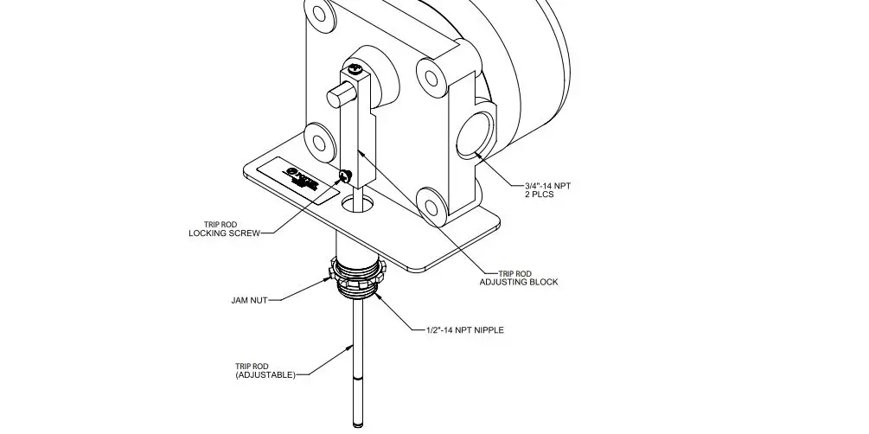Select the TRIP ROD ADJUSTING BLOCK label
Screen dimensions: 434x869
pos(519,278)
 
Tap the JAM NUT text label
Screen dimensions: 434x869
pos(249,301)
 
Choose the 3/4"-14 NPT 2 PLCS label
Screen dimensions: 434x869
pos(550,189)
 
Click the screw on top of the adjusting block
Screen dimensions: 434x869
pos(354,66)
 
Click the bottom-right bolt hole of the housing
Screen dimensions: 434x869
pos(432,201)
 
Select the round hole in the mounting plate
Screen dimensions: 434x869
pos(359,205)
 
